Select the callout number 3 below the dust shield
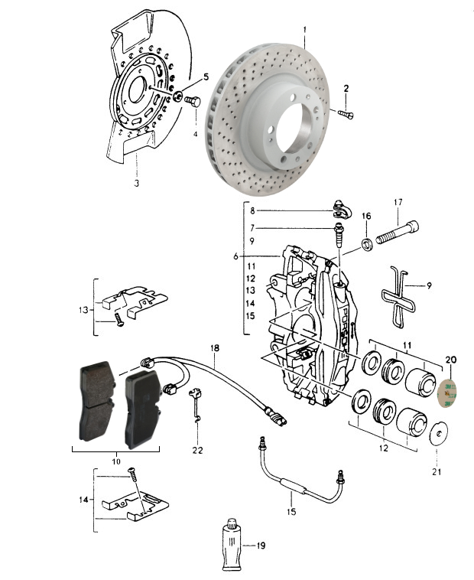(136, 183)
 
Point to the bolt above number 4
(193, 101)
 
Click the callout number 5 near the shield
(206, 77)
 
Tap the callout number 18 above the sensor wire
(215, 348)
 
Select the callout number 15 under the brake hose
(291, 512)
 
